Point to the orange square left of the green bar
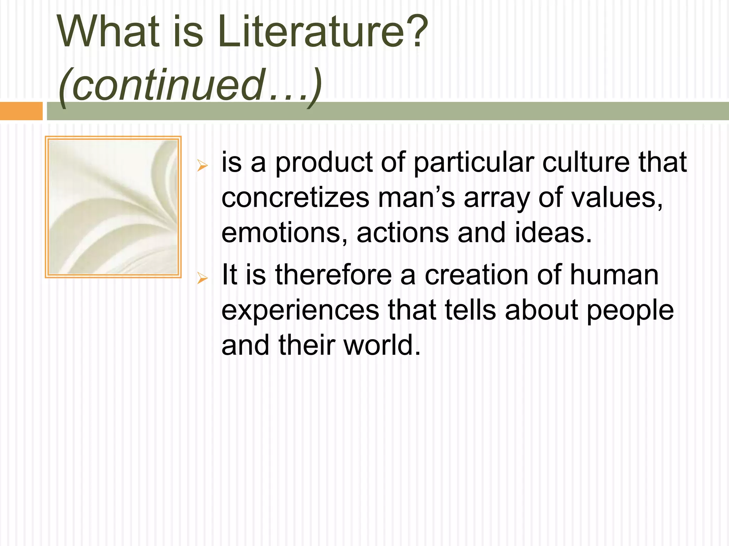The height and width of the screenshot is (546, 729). pos(21,111)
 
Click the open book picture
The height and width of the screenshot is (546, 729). pos(113,207)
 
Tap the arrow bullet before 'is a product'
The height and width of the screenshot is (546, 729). pos(202,165)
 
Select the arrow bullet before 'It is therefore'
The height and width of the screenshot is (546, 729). pos(202,278)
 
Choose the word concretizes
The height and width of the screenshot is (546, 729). pos(295,198)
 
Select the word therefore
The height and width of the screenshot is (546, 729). pos(333,275)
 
